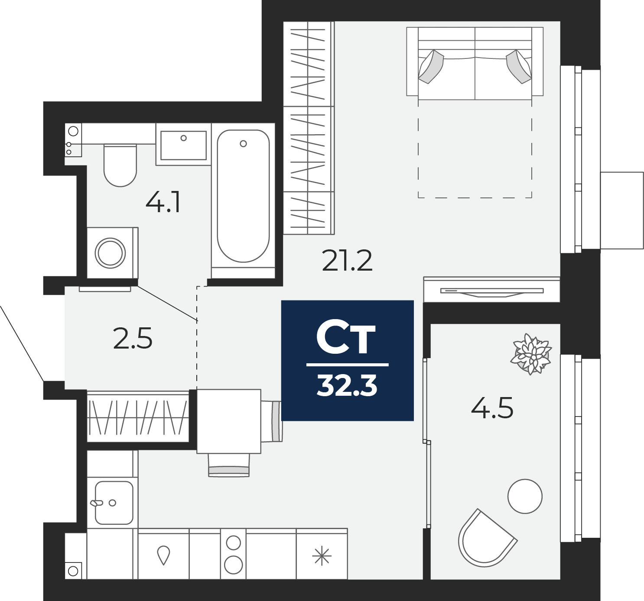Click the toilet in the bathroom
pyautogui.click(x=120, y=165)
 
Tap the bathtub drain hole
pyautogui.click(x=243, y=143)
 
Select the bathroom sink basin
pyautogui.click(x=184, y=145)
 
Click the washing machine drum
pyautogui.click(x=110, y=253)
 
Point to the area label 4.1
pyautogui.click(x=163, y=203)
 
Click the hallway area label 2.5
pyautogui.click(x=133, y=338)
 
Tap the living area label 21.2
pyautogui.click(x=347, y=260)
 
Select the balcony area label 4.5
pyautogui.click(x=492, y=408)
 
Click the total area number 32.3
pyautogui.click(x=347, y=386)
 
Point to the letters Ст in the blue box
pyautogui.click(x=346, y=339)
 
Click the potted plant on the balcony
pyautogui.click(x=531, y=354)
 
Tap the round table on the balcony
pyautogui.click(x=525, y=496)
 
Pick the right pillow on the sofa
pyautogui.click(x=519, y=67)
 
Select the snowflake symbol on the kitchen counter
pyautogui.click(x=322, y=556)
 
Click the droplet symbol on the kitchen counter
pyautogui.click(x=163, y=555)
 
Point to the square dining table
pyautogui.click(x=229, y=421)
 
